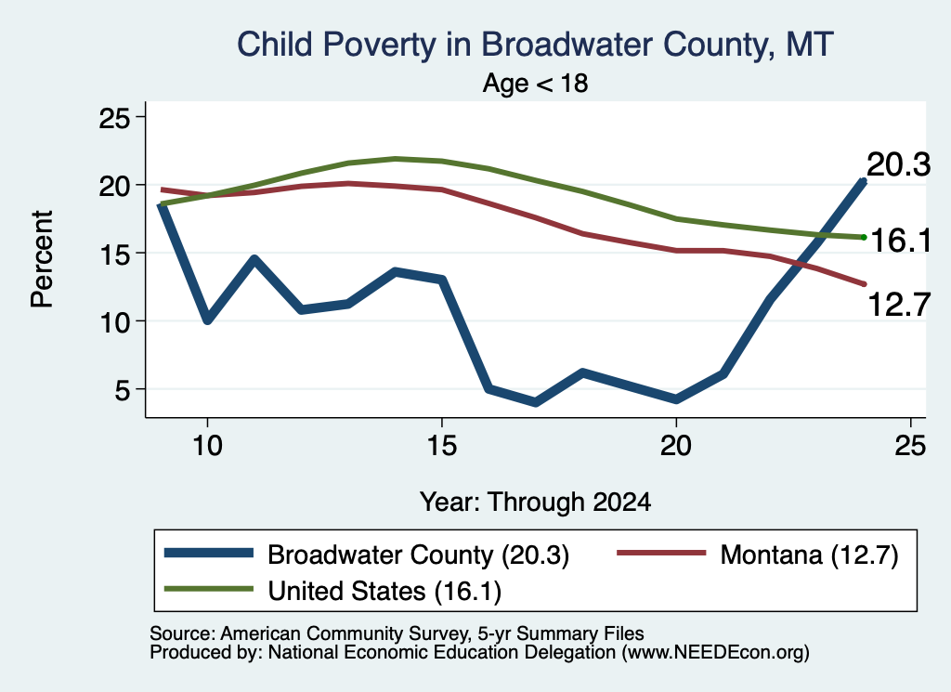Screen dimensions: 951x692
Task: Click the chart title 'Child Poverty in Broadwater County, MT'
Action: pyautogui.click(x=535, y=46)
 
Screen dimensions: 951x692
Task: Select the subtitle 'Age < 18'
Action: pyautogui.click(x=535, y=83)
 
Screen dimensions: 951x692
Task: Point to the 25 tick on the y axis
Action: pyautogui.click(x=114, y=118)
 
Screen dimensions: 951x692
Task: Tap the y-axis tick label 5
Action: pyautogui.click(x=122, y=390)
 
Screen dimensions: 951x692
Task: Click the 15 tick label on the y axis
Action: pyautogui.click(x=114, y=254)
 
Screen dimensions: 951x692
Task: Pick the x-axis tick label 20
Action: pyautogui.click(x=676, y=446)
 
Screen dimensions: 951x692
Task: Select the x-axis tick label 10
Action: pyautogui.click(x=207, y=446)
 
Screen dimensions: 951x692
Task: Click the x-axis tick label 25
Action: pyautogui.click(x=910, y=446)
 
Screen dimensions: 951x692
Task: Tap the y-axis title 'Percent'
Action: pyautogui.click(x=43, y=259)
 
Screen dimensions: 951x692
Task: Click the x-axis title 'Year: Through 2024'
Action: pyautogui.click(x=535, y=503)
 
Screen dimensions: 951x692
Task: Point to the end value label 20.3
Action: pyautogui.click(x=898, y=165)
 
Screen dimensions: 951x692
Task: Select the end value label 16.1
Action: pyautogui.click(x=900, y=241)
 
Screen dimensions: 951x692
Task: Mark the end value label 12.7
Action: pyautogui.click(x=898, y=304)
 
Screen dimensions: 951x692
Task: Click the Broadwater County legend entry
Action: pyautogui.click(x=367, y=555)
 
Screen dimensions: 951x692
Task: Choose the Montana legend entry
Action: pyautogui.click(x=758, y=555)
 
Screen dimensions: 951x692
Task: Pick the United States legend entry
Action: pyautogui.click(x=332, y=591)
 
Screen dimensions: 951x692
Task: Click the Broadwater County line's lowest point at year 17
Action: pyautogui.click(x=536, y=402)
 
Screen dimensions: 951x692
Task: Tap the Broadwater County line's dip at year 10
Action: pyautogui.click(x=207, y=319)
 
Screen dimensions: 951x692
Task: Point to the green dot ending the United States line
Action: pyautogui.click(x=864, y=237)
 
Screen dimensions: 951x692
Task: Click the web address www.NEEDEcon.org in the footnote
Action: pyautogui.click(x=715, y=653)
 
